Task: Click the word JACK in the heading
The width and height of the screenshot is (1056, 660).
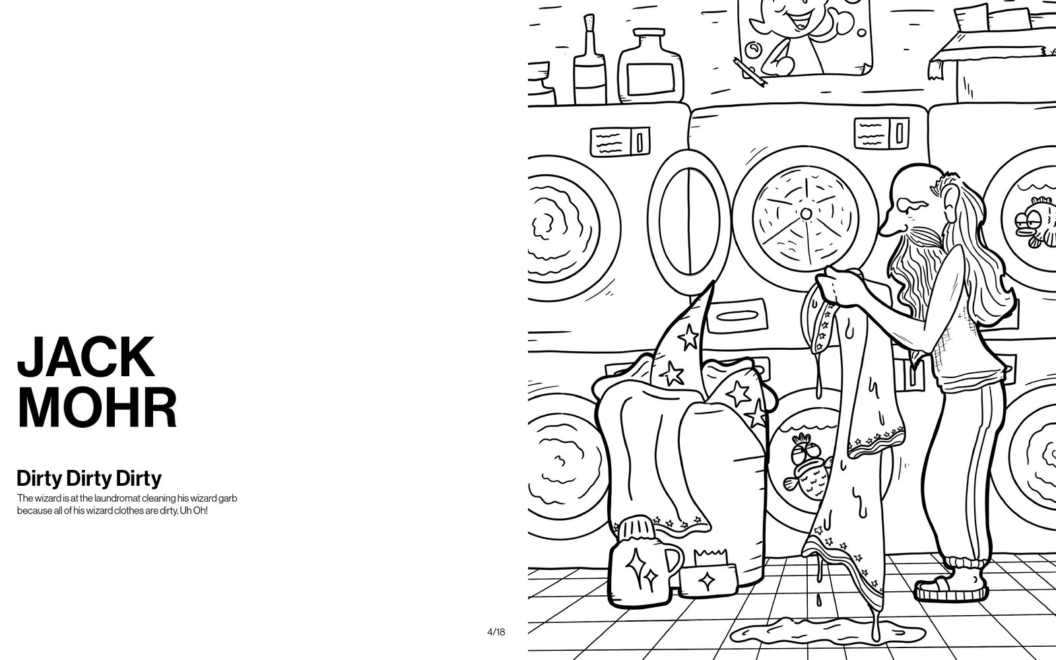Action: (x=86, y=356)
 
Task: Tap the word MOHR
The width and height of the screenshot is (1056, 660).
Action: (x=96, y=407)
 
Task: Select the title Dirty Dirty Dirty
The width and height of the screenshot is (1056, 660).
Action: (x=89, y=478)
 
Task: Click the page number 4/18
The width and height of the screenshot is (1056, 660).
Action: (x=496, y=632)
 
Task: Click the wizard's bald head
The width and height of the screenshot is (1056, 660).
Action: (x=912, y=181)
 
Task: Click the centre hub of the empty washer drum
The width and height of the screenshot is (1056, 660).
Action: (x=806, y=214)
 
